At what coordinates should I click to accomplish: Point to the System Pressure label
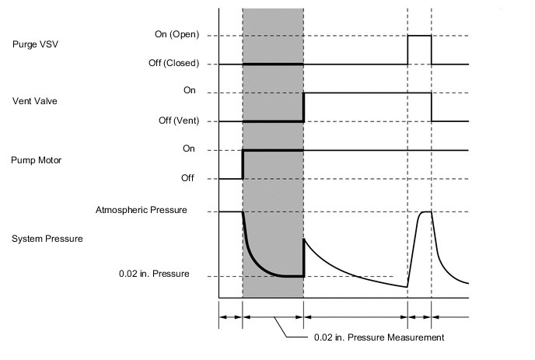pyautogui.click(x=47, y=239)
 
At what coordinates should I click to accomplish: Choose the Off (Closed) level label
pyautogui.click(x=173, y=63)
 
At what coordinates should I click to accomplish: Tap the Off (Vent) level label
pyautogui.click(x=176, y=121)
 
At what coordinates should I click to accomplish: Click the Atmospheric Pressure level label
pyautogui.click(x=141, y=210)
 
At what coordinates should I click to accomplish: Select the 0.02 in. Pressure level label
pyautogui.click(x=154, y=274)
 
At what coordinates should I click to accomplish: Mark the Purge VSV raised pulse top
pyautogui.click(x=419, y=36)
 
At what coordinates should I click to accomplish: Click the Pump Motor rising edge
pyautogui.click(x=243, y=163)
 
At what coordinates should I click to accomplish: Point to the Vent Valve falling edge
pyautogui.click(x=432, y=107)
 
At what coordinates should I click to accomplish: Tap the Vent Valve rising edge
pyautogui.click(x=303, y=107)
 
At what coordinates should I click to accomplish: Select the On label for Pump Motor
pyautogui.click(x=190, y=149)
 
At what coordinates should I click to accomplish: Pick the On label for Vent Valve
pyautogui.click(x=190, y=92)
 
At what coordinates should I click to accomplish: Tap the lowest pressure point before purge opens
pyautogui.click(x=407, y=287)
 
